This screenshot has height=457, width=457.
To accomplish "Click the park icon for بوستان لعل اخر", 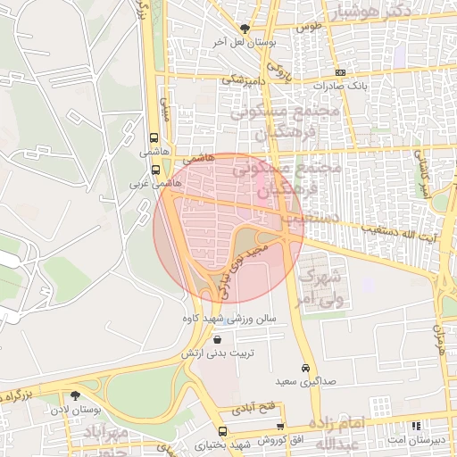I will (x=246, y=28).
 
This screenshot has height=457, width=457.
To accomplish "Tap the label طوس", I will (x=308, y=27).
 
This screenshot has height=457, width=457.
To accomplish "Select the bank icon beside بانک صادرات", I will (x=339, y=72).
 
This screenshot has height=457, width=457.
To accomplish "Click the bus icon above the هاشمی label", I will (x=155, y=138).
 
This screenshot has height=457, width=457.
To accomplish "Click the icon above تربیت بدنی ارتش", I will (x=219, y=339).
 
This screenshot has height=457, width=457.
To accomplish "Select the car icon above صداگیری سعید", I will (x=305, y=368).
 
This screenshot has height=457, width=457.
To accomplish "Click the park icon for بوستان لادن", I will (x=75, y=395).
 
